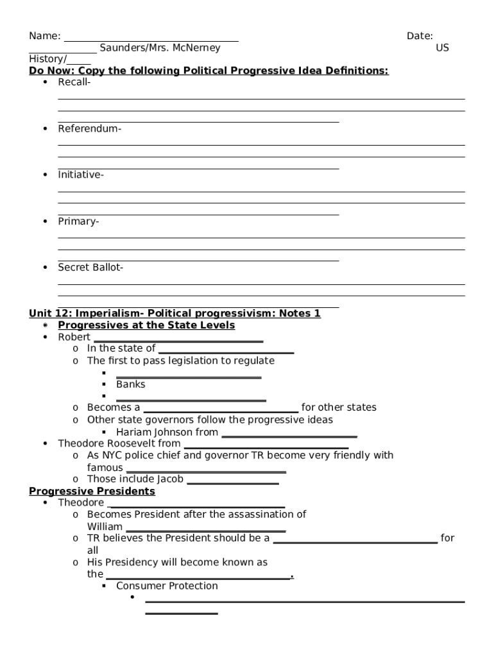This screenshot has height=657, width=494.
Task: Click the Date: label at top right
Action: tap(420, 36)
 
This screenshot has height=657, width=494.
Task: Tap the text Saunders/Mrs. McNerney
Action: tap(159, 48)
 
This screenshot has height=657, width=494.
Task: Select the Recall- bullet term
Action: tap(74, 82)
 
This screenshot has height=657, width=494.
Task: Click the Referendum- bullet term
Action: tap(89, 128)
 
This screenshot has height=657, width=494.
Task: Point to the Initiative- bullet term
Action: tap(81, 175)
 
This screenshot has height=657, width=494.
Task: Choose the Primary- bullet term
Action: tap(78, 221)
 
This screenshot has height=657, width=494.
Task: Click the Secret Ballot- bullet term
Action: tap(90, 268)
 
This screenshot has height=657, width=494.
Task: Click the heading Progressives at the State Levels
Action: tap(146, 325)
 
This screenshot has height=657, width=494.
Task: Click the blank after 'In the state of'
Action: tap(226, 351)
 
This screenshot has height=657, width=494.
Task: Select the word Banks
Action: tap(131, 384)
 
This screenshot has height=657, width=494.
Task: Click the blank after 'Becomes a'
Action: tap(221, 410)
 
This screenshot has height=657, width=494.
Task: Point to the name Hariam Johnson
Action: tap(154, 432)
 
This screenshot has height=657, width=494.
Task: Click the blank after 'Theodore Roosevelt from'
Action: tap(266, 446)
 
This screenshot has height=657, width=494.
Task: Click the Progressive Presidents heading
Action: tap(92, 491)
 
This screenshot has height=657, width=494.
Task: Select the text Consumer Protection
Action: tap(167, 586)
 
